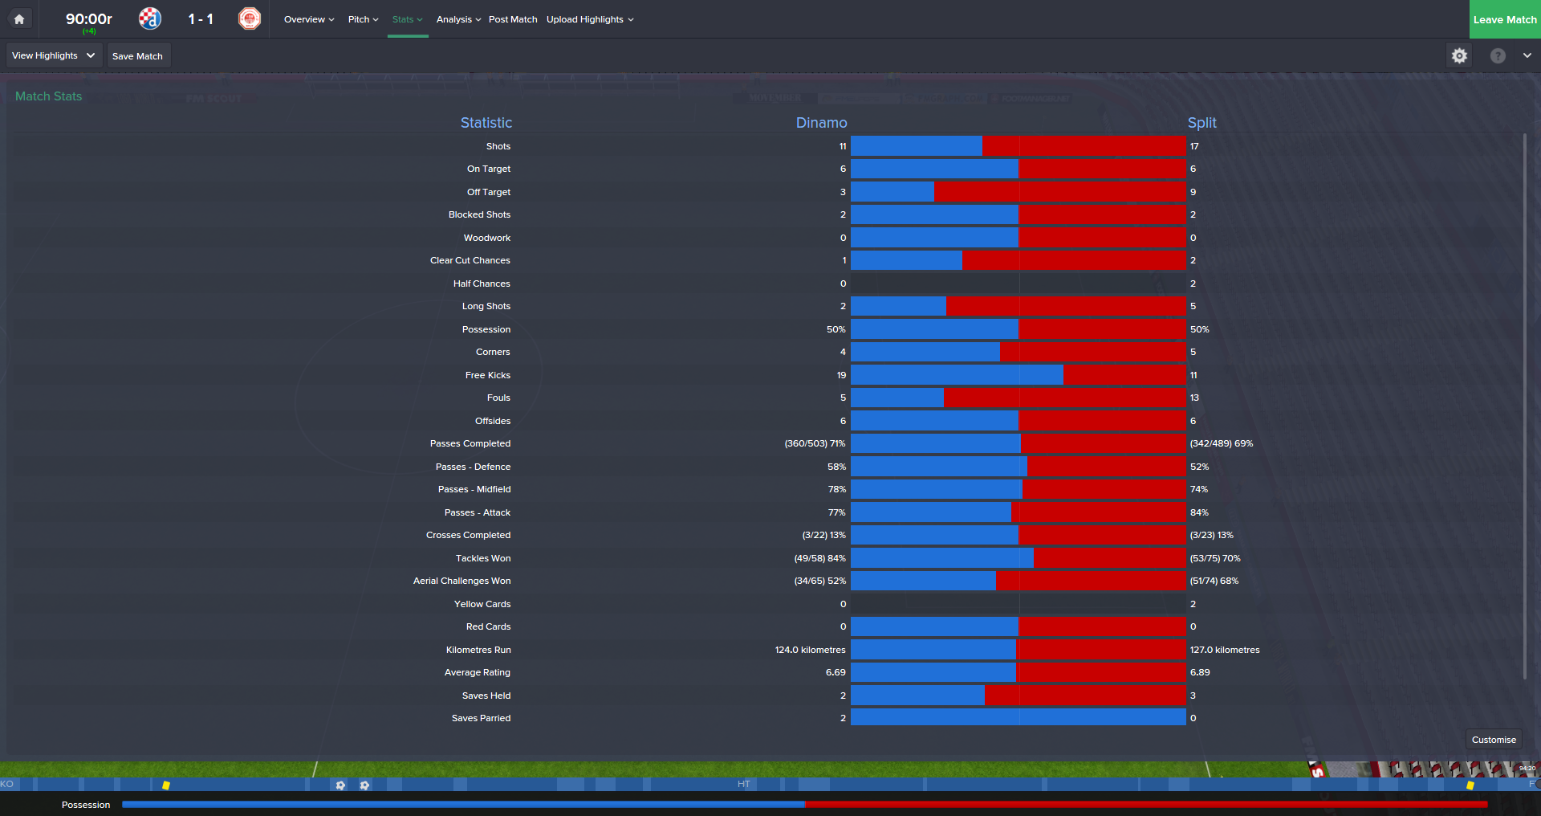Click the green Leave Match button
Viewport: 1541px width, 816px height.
[x=1504, y=19]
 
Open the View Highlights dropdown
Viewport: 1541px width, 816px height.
[x=54, y=55]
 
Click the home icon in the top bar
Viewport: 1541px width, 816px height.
[x=19, y=19]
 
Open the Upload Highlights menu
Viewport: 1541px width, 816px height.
[x=590, y=19]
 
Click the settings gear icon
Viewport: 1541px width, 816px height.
[x=1459, y=55]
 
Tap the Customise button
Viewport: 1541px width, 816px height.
[x=1493, y=740]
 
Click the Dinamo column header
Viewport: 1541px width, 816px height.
[x=821, y=123]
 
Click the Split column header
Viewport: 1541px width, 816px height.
[x=1201, y=123]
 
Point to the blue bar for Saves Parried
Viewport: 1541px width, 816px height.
[x=1018, y=718]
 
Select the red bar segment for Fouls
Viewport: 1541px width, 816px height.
[x=1064, y=398]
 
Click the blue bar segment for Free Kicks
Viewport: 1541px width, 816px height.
[x=957, y=375]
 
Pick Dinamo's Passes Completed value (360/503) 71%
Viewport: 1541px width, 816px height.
[x=815, y=443]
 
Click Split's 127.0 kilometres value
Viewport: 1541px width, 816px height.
[x=1224, y=650]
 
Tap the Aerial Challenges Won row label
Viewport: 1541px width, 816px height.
[x=461, y=581]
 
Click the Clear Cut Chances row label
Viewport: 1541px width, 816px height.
[x=470, y=260]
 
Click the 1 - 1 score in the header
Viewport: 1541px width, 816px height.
[x=201, y=19]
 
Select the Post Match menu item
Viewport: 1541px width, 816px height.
[x=513, y=19]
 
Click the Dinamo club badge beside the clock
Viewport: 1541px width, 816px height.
[x=150, y=18]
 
